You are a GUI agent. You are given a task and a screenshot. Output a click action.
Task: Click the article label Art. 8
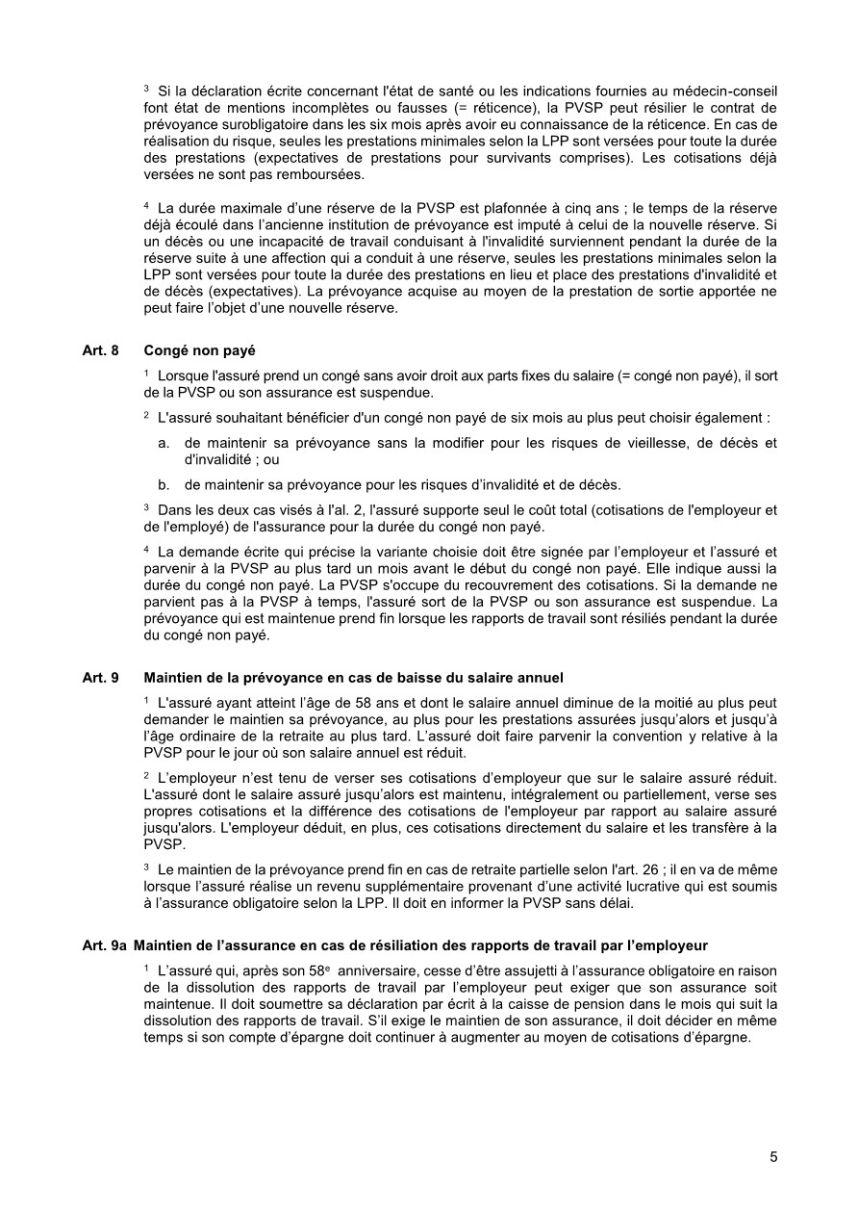[x=100, y=351]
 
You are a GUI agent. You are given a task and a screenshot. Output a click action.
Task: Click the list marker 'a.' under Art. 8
[x=164, y=443]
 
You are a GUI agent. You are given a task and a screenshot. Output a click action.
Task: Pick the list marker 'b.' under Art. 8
[x=164, y=483]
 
